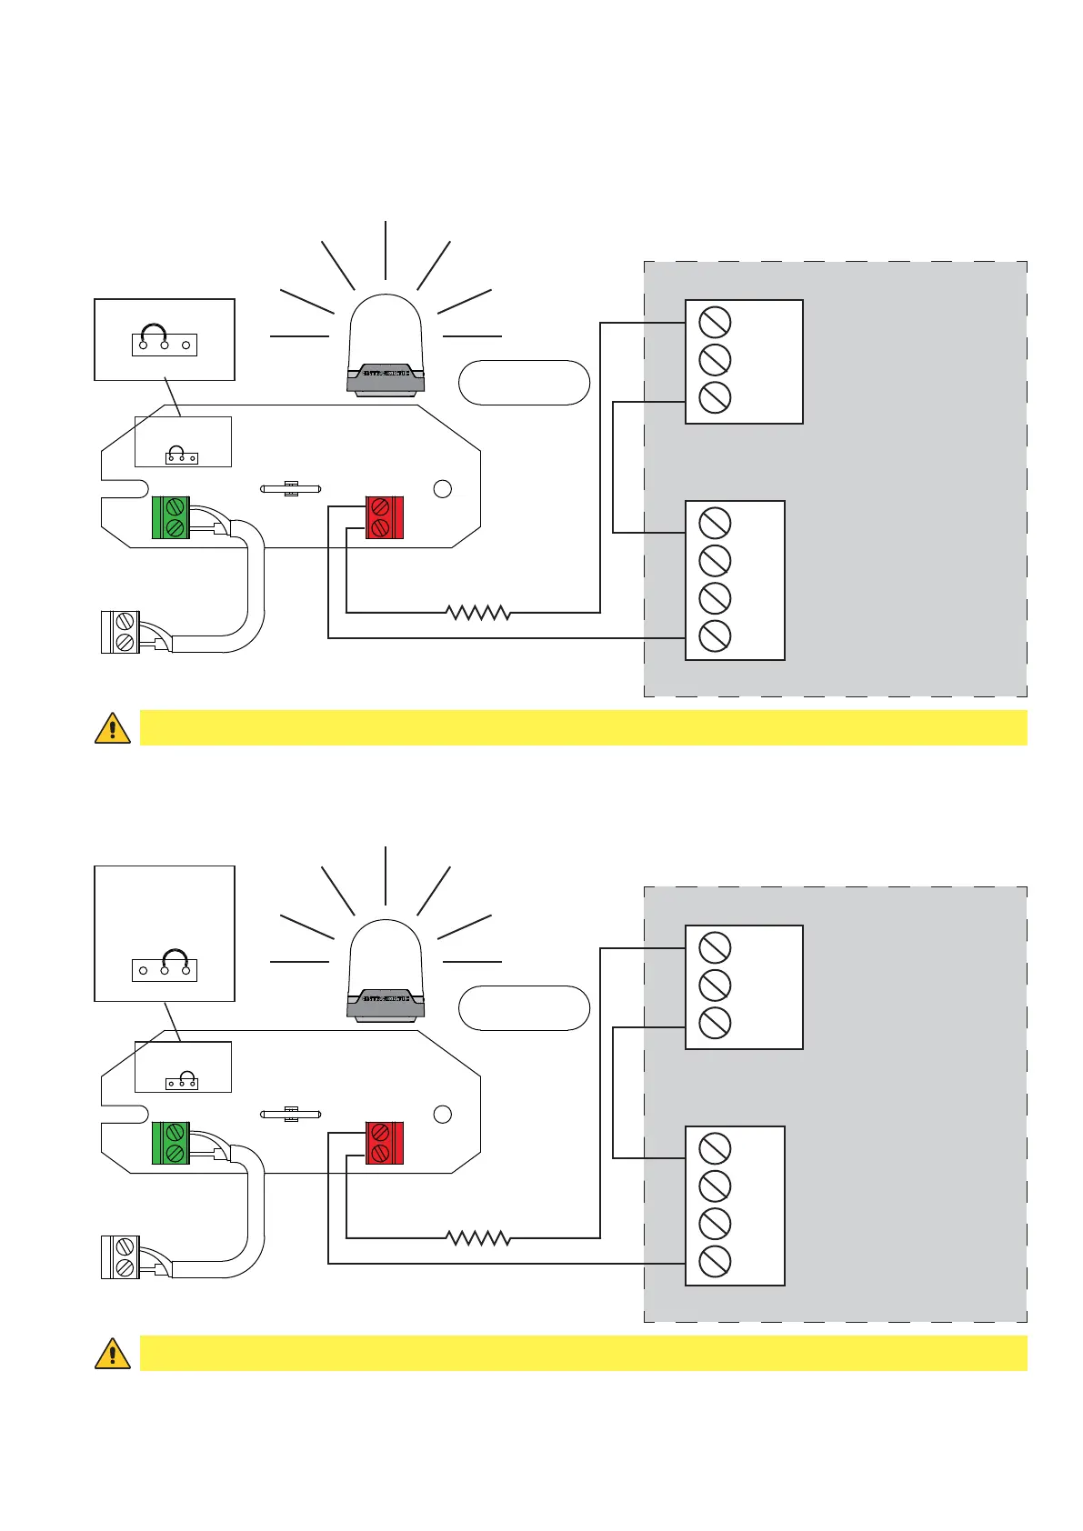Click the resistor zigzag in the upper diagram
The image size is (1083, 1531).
[x=478, y=613]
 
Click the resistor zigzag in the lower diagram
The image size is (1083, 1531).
[x=478, y=1238]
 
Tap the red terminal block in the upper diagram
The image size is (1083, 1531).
[x=384, y=517]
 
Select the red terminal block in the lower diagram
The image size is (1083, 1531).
[x=384, y=1143]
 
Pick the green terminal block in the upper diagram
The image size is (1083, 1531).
[x=171, y=517]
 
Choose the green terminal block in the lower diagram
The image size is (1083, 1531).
[x=171, y=1143]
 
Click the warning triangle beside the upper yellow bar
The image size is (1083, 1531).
[x=113, y=728]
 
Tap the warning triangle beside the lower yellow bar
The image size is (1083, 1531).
[x=113, y=1354]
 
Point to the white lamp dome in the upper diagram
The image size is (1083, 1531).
[x=386, y=330]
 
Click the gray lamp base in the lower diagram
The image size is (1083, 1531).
[x=386, y=1004]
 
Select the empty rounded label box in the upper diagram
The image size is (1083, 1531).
[x=525, y=383]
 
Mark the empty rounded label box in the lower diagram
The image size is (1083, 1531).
[x=525, y=1008]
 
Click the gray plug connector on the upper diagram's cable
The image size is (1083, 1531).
[x=120, y=633]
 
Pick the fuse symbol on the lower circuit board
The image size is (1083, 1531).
[x=291, y=1114]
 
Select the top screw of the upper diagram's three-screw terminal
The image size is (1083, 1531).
[x=715, y=322]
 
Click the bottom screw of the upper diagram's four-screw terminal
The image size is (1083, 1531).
[x=715, y=635]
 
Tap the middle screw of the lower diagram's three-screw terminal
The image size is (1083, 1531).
[x=715, y=986]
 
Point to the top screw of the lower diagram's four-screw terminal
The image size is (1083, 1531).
[x=715, y=1148]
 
